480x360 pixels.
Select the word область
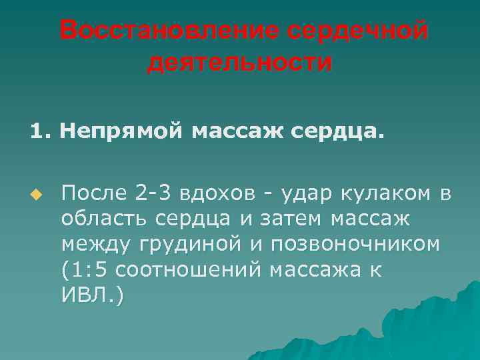(105, 219)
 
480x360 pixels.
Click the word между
(97, 244)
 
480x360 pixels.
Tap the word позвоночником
(355, 244)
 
